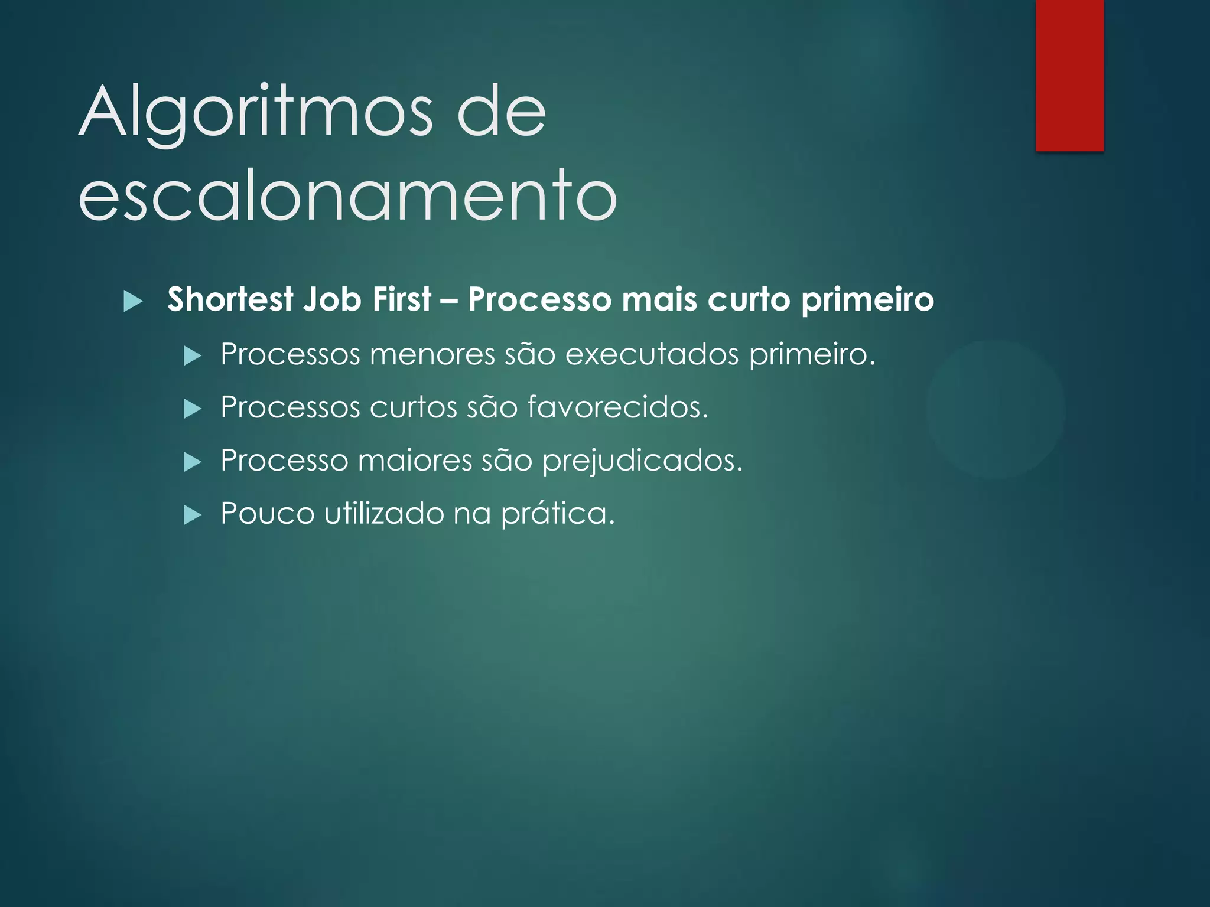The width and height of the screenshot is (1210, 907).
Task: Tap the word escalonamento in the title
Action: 347,195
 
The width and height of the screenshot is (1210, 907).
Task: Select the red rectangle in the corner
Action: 1069,75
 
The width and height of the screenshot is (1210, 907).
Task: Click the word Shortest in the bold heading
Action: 230,299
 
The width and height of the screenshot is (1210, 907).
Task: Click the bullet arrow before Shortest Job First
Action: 134,302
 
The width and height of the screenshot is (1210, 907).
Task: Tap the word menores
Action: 432,354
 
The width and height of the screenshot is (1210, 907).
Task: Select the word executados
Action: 652,354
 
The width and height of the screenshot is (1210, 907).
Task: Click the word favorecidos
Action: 617,407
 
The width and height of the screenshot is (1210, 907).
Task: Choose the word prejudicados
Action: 642,461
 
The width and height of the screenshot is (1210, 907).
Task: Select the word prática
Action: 558,513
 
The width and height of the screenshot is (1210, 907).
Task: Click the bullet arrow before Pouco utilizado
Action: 193,515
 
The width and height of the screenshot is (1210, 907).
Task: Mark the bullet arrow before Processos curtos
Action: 193,409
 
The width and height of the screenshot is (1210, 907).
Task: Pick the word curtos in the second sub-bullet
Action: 413,407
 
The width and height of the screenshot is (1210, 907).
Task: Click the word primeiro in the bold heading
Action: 867,299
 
